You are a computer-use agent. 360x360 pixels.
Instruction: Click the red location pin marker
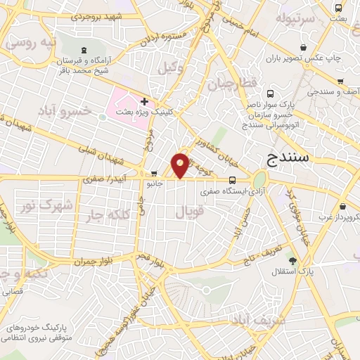181,165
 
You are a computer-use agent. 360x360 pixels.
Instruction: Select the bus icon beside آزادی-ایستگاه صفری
233,179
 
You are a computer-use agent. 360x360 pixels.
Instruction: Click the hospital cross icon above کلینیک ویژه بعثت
144,102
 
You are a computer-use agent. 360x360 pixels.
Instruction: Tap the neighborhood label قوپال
188,210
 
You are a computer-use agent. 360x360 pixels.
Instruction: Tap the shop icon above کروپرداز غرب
342,207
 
